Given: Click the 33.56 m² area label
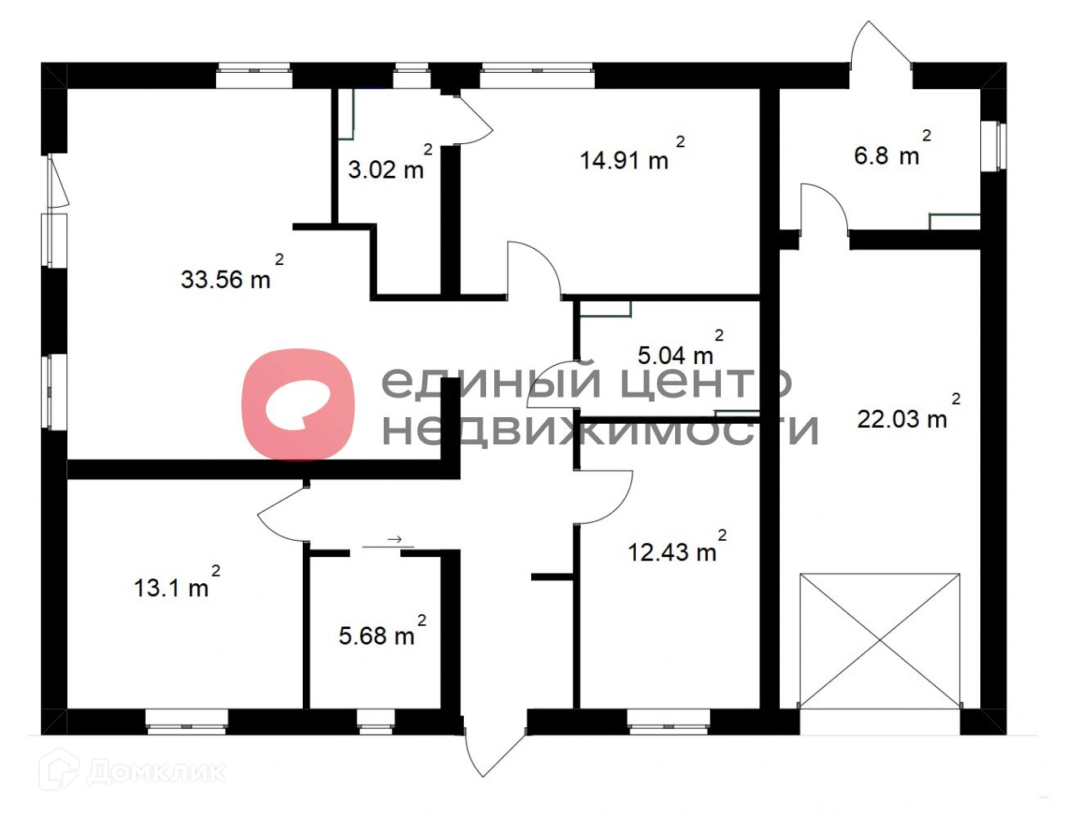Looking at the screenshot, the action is tap(232, 272).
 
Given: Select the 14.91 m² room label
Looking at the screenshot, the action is tap(633, 154).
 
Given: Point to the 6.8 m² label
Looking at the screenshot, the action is tap(892, 148).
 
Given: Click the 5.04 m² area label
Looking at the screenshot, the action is tap(681, 348).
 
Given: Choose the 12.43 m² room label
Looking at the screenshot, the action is tap(678, 545).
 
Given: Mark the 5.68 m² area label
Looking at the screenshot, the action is tap(382, 630).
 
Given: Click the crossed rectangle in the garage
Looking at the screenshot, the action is tap(880, 640).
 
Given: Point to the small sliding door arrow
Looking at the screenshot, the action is tap(394, 540).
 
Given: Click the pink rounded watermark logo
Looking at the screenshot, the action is tap(298, 404).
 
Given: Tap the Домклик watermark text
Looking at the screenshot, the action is tap(156, 772).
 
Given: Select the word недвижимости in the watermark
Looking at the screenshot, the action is tap(600, 429).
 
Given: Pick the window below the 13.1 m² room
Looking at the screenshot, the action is tap(187, 721).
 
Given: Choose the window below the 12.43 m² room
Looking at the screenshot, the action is tap(669, 721).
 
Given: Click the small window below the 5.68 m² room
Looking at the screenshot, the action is tap(376, 721).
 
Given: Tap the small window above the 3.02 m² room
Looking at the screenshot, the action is tap(412, 75).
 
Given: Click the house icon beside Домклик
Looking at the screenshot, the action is tap(59, 769).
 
